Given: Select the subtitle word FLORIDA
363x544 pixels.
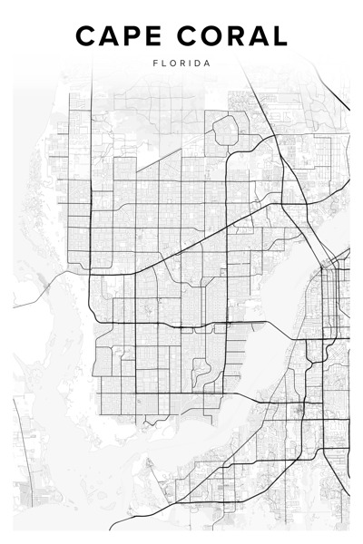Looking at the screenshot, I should click(181, 63).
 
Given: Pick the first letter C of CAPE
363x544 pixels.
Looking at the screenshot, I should click(85, 36).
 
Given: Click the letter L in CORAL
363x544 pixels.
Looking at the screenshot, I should click(279, 36).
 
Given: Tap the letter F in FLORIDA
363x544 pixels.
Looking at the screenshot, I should click(155, 63).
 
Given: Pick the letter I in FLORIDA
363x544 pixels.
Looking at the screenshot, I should click(190, 63).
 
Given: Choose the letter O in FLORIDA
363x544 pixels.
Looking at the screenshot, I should click(172, 63).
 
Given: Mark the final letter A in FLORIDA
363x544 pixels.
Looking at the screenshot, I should click(208, 63).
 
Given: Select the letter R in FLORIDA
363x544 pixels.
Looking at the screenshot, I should click(181, 63).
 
